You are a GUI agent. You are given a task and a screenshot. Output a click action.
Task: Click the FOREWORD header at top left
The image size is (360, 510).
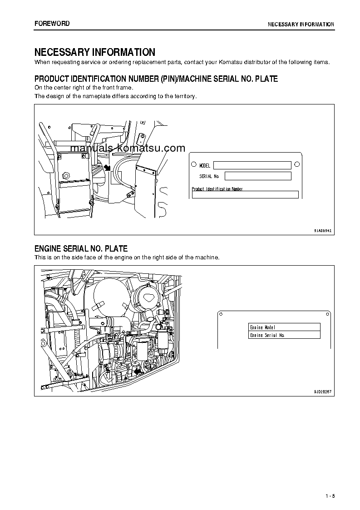point(52,24)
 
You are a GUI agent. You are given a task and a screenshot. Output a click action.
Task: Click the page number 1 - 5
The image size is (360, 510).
point(330,495)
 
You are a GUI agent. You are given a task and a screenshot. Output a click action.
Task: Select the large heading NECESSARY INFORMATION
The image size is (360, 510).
point(95,52)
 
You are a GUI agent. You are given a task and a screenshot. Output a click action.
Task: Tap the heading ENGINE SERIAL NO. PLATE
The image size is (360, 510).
point(81,249)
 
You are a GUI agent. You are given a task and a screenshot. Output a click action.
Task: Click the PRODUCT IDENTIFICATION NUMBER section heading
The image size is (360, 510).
point(156,79)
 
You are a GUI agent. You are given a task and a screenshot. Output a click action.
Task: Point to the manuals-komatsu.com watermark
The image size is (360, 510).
point(128,148)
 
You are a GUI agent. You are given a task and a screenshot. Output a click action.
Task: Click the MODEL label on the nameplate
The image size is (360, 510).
point(205,166)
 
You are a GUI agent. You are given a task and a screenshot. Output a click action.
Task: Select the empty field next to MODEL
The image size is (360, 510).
point(252,165)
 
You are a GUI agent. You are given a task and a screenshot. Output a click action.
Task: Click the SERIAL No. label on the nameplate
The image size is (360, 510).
point(209,176)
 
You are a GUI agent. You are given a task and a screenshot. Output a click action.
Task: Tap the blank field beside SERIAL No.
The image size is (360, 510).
point(257,176)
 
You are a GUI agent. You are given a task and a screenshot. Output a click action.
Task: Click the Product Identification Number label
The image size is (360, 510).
point(217,189)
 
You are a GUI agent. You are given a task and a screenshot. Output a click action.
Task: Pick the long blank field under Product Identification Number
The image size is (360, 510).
point(245,195)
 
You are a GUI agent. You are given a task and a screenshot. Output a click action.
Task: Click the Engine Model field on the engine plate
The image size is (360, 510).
point(284,327)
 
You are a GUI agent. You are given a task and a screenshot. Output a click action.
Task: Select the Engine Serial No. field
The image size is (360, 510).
point(284,335)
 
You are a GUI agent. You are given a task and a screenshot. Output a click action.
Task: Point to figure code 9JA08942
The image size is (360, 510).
point(323,231)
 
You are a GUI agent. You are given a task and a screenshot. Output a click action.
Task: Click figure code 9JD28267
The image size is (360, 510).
point(323,391)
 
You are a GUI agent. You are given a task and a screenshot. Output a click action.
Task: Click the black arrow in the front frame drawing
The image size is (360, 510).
point(107,168)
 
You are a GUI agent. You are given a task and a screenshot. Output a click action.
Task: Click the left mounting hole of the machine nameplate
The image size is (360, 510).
point(193,165)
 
